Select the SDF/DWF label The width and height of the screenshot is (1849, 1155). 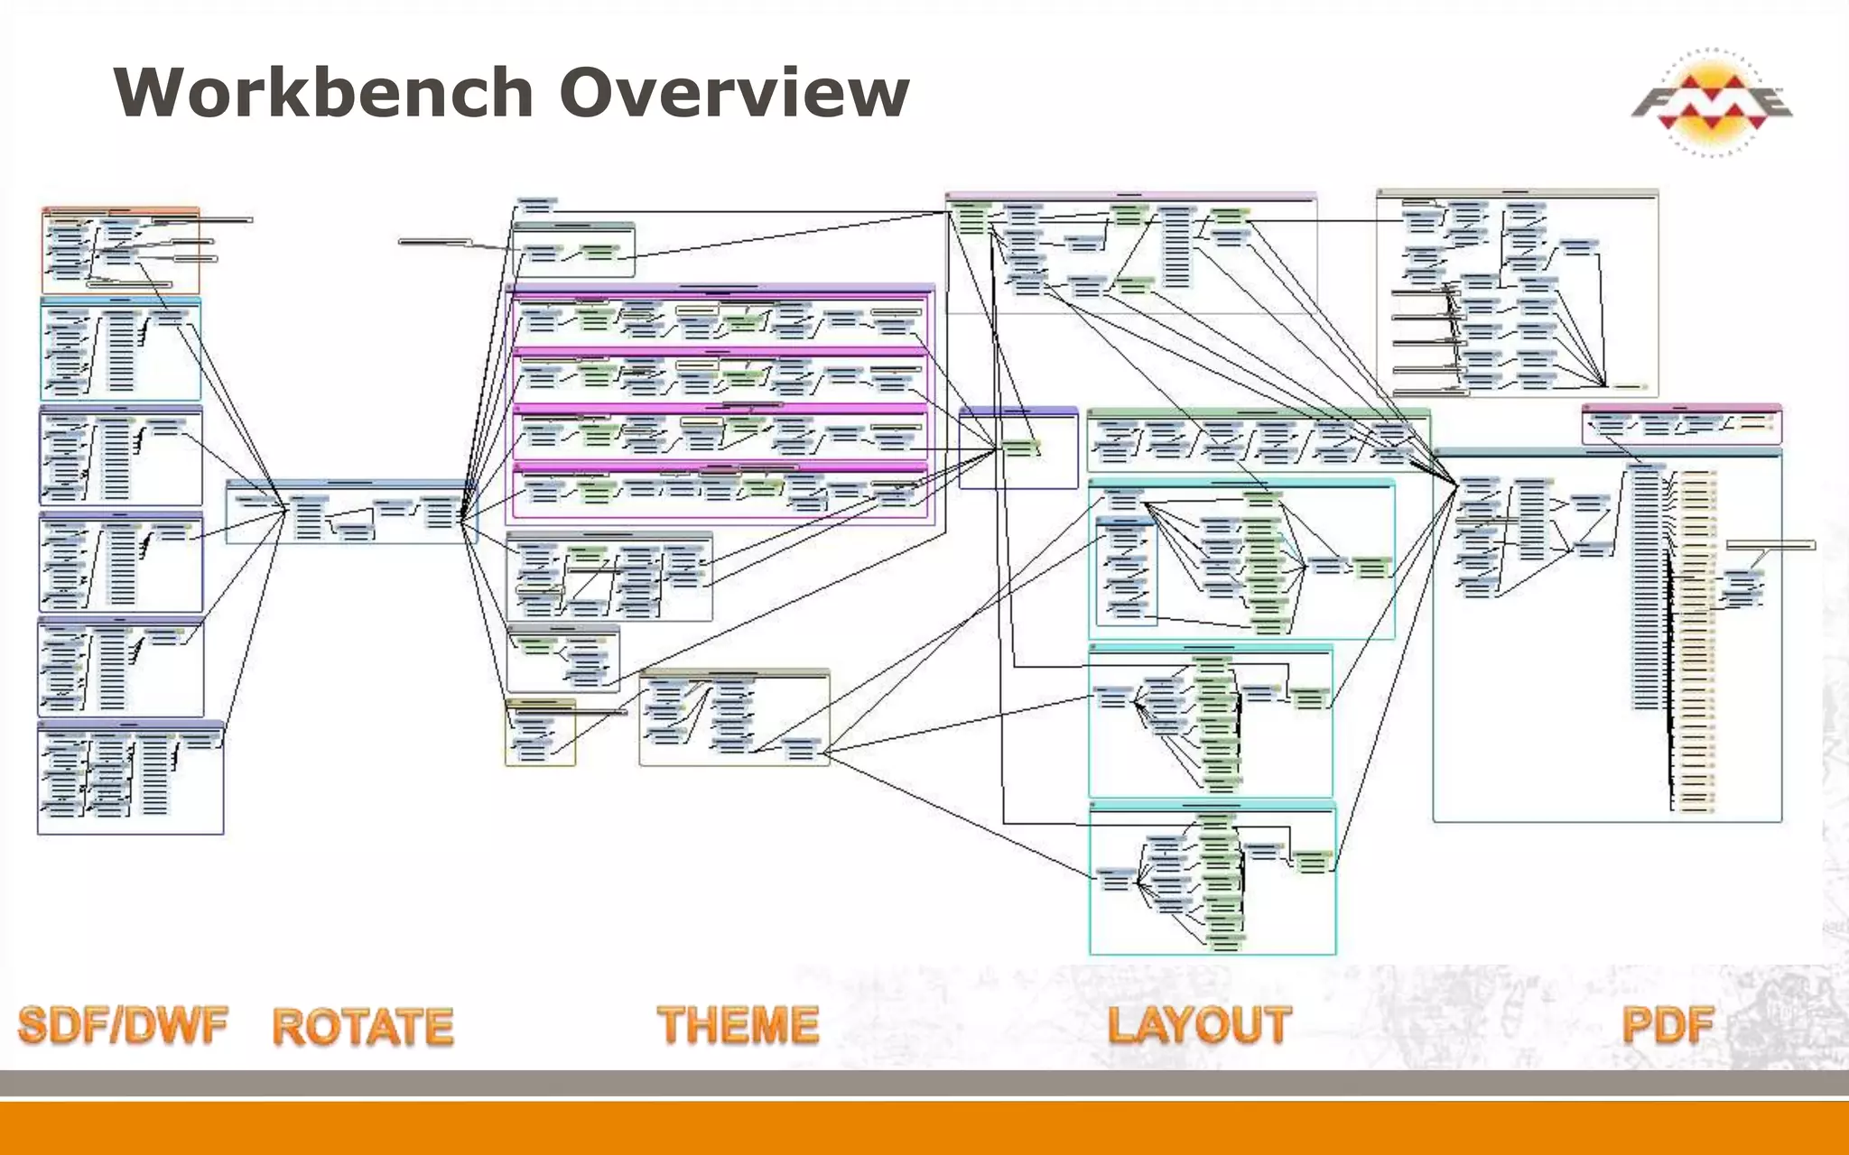coord(123,1026)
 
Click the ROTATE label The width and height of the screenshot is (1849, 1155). coord(363,1027)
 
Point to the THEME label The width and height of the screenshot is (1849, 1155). coord(738,1026)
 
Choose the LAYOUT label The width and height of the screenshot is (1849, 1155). coord(1199,1026)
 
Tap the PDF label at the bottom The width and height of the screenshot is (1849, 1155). coord(1667,1026)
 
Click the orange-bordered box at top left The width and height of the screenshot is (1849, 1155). coord(120,250)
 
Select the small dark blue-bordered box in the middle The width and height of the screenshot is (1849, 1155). coord(1018,448)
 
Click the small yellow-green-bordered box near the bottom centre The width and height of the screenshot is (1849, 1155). coord(540,733)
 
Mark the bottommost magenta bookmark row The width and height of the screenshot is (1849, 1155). coord(720,491)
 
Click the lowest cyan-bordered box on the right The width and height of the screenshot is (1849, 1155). coord(1212,879)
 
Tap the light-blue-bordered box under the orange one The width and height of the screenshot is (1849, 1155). coord(120,349)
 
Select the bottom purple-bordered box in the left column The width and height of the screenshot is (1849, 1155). coord(130,778)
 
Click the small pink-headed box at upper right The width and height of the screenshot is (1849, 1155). coord(1681,424)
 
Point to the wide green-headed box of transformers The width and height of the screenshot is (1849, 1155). coord(1259,440)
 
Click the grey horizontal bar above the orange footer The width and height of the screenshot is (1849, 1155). coord(924,1083)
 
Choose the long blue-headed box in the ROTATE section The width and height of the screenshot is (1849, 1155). coord(351,513)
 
